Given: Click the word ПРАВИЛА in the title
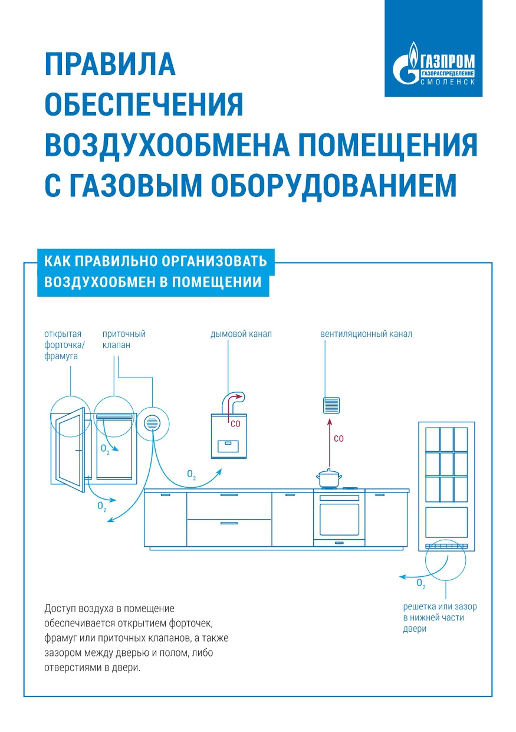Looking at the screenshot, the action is pos(110,64).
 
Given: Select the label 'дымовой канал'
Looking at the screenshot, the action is pos(241,334).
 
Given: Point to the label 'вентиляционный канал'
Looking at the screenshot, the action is pos(366,334).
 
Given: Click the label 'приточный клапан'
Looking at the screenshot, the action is pos(124,339).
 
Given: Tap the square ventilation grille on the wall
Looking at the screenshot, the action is pos(331,405).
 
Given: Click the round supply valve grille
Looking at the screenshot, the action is pos(152,423).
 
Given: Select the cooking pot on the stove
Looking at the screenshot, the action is pos(328,479).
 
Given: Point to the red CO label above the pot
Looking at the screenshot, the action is pos(338,438).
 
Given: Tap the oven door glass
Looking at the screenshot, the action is pos(339,519).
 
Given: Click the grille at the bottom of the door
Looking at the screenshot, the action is pos(446,546).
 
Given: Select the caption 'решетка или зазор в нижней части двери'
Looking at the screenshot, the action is pos(439,618).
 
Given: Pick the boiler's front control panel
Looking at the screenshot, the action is pos(228,446).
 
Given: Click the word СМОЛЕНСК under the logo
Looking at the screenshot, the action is pos(448,82).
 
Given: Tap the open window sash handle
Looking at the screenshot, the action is pos(79,451).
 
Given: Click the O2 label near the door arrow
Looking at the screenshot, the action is pos(421,583).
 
